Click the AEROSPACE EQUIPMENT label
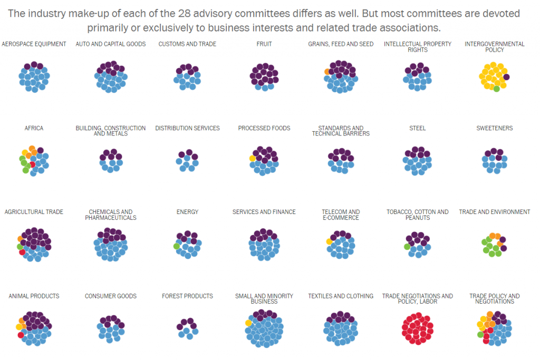34,44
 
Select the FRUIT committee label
264,44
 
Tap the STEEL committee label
417,128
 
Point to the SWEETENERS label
494,128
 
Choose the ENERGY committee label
187,212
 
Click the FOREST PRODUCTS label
187,296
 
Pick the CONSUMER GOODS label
111,296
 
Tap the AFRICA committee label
34,128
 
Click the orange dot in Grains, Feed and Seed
327,71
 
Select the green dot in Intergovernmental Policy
496,89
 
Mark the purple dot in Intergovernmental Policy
506,77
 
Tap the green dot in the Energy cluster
176,246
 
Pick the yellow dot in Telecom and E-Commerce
329,241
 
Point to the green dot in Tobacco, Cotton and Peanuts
407,247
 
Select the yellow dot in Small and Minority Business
248,323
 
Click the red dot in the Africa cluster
32,164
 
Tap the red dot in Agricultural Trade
22,252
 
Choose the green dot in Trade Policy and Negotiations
480,334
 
